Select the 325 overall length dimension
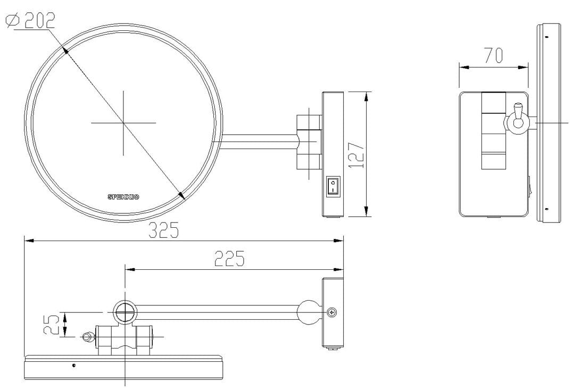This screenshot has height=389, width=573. (163, 230)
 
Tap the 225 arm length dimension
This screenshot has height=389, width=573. (229, 259)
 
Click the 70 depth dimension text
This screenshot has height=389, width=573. (493, 56)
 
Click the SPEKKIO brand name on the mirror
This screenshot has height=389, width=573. (123, 197)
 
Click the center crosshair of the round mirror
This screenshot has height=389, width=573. (123, 122)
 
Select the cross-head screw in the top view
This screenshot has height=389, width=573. (333, 312)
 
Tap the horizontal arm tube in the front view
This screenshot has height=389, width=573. (258, 143)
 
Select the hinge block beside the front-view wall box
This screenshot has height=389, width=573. (309, 142)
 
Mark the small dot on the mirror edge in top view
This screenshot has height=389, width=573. (73, 365)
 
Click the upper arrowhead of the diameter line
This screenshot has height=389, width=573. (65, 51)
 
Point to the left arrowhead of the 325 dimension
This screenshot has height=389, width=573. (29, 241)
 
